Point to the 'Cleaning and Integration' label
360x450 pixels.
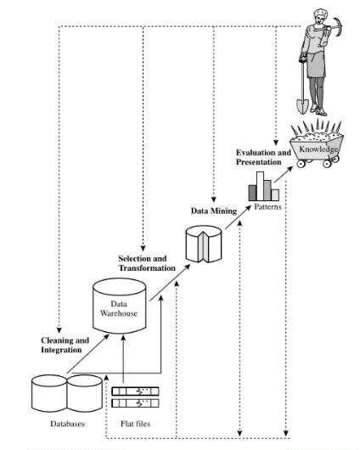(65, 344)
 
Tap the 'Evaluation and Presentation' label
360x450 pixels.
(262, 156)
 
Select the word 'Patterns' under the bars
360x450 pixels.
(266, 206)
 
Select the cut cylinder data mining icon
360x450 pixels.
(204, 242)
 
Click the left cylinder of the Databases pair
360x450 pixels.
(48, 393)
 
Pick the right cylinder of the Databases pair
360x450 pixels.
(84, 393)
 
